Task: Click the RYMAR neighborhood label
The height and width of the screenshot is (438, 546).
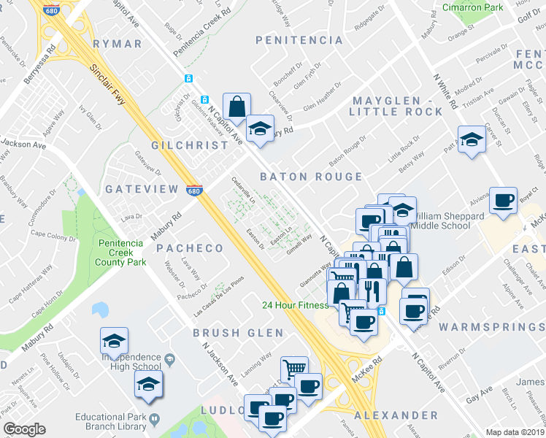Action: click(x=118, y=44)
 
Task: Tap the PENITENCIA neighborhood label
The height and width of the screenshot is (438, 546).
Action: click(x=299, y=40)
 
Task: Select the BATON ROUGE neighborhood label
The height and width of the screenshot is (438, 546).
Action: click(x=312, y=177)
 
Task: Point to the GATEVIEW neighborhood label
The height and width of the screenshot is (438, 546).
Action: click(x=142, y=189)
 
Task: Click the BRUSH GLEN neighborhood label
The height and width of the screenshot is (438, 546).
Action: click(x=237, y=333)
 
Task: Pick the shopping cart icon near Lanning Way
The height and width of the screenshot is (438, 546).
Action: click(x=294, y=369)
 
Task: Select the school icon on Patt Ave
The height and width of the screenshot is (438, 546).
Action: click(x=472, y=140)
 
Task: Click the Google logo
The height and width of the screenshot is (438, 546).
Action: click(x=24, y=429)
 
